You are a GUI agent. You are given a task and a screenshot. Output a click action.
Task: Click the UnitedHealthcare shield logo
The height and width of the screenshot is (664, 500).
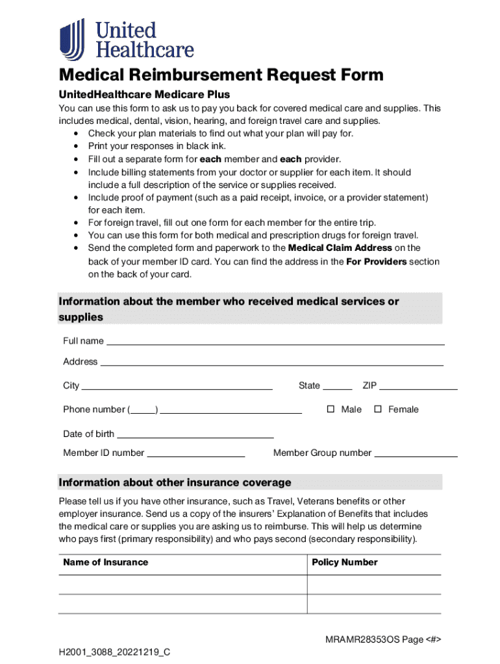click(72, 39)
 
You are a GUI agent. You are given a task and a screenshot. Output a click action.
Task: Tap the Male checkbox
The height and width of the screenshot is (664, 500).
click(330, 409)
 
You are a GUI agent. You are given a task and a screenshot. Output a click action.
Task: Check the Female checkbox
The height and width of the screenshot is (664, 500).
click(377, 409)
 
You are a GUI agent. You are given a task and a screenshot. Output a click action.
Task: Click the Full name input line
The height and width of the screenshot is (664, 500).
click(275, 342)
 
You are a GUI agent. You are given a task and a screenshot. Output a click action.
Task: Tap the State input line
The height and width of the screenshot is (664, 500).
click(337, 386)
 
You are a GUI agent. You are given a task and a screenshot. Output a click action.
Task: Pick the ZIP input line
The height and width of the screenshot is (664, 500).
click(418, 386)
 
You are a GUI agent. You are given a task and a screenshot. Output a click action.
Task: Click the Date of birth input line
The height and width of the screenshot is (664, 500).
click(195, 435)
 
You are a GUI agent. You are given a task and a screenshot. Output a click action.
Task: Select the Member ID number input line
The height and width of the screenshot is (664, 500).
click(195, 454)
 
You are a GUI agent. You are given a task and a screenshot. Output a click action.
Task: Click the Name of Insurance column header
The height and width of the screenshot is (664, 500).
click(105, 562)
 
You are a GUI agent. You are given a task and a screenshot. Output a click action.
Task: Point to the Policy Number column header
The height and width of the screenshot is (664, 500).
click(344, 562)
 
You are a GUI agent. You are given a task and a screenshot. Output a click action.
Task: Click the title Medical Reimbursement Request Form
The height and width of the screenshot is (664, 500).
click(221, 75)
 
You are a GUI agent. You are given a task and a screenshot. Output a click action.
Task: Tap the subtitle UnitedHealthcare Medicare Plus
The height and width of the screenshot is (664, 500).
click(144, 95)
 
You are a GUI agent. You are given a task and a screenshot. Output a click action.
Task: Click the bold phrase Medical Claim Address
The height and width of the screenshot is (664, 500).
click(340, 248)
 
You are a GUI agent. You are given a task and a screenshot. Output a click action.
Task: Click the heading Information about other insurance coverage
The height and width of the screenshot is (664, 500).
click(175, 482)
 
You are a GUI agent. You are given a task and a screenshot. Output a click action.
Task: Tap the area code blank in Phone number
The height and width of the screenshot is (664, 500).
click(144, 410)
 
